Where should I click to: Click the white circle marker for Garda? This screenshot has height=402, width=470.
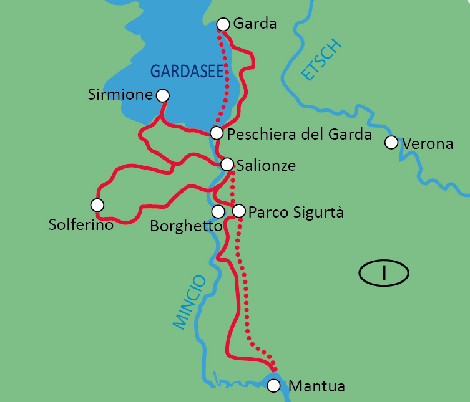tap(223, 24)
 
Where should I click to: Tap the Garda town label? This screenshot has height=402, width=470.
tap(255, 24)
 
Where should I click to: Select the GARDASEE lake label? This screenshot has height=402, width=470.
tap(187, 72)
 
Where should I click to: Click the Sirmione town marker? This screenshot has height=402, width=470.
tap(162, 95)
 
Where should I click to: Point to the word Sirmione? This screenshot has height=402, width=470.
tap(121, 95)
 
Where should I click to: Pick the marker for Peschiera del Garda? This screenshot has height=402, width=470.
tap(216, 133)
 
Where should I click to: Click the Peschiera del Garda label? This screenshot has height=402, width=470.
tap(300, 134)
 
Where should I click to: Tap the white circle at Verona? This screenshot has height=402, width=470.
tap(391, 143)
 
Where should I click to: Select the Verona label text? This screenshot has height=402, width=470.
tap(428, 143)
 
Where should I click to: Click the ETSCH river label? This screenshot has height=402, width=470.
tap(322, 60)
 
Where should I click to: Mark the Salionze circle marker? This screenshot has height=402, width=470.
tap(227, 165)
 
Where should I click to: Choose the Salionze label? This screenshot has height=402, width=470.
tap(266, 166)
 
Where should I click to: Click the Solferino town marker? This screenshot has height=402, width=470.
tap(97, 204)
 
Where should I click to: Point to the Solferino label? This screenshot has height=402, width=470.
tap(81, 224)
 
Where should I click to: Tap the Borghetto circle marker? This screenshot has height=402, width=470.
tap(218, 212)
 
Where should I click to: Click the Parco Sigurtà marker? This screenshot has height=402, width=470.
tap(238, 211)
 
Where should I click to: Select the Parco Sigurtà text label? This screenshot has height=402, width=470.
tap(296, 212)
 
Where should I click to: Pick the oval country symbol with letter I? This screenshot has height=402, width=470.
tap(384, 272)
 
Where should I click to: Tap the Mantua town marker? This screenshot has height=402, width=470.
tap(273, 386)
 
